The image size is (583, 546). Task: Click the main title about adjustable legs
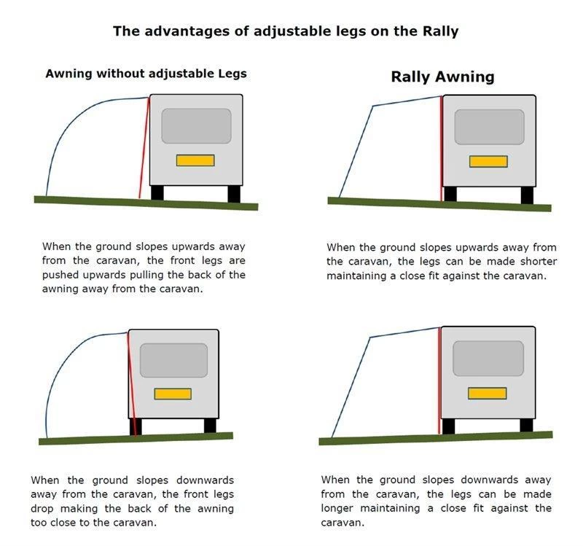286,31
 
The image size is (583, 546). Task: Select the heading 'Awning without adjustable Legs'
146,74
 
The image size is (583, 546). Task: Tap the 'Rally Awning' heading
442,77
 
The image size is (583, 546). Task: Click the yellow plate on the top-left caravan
195,160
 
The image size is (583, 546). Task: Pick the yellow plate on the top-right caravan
488,161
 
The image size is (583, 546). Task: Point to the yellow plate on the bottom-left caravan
173,394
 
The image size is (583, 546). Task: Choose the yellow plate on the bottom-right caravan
487,393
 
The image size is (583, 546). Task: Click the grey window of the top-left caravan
196,126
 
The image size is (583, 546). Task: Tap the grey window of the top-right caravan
489,127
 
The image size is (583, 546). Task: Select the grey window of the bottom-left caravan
173,360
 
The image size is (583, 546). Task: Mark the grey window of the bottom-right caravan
488,359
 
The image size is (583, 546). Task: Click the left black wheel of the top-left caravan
157,193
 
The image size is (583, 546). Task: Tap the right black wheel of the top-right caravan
526,195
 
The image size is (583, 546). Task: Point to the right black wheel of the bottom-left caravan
210,426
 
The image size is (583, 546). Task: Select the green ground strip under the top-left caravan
146,201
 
